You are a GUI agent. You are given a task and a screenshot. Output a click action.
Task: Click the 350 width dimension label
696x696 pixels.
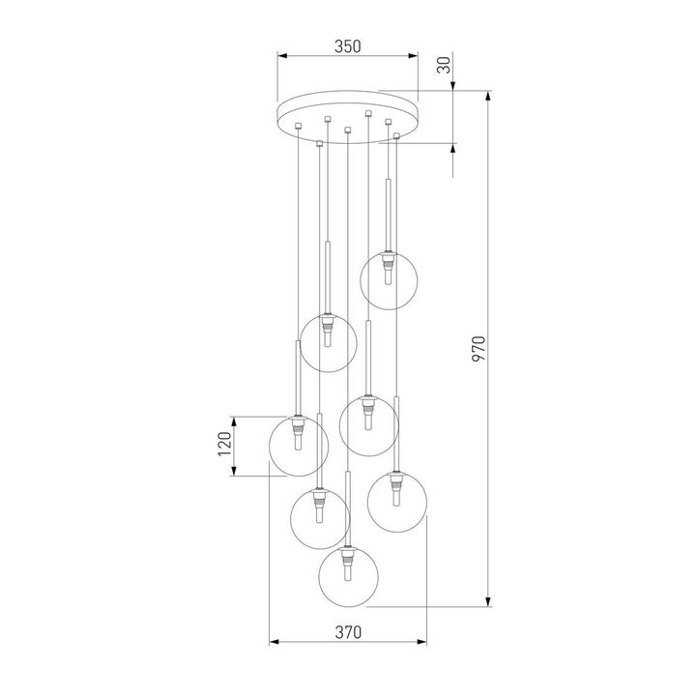[348, 45]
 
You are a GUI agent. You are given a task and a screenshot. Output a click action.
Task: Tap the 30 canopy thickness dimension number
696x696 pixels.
[444, 67]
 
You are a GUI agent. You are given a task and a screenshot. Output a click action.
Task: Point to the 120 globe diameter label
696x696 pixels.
[225, 446]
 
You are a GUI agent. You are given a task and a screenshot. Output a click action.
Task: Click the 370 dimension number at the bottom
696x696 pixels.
[348, 633]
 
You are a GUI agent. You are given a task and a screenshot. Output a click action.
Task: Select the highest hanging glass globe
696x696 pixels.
[389, 280]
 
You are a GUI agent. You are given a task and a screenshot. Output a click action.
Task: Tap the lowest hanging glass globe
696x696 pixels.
[348, 578]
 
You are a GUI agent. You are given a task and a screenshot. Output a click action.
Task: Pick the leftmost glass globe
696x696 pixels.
[298, 446]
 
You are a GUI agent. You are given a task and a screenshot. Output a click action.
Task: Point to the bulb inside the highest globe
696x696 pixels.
[389, 275]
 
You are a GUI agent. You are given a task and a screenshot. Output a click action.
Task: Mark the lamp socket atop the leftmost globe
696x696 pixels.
[298, 421]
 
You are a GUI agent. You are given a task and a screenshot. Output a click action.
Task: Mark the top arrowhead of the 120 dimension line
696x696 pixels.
[235, 420]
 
